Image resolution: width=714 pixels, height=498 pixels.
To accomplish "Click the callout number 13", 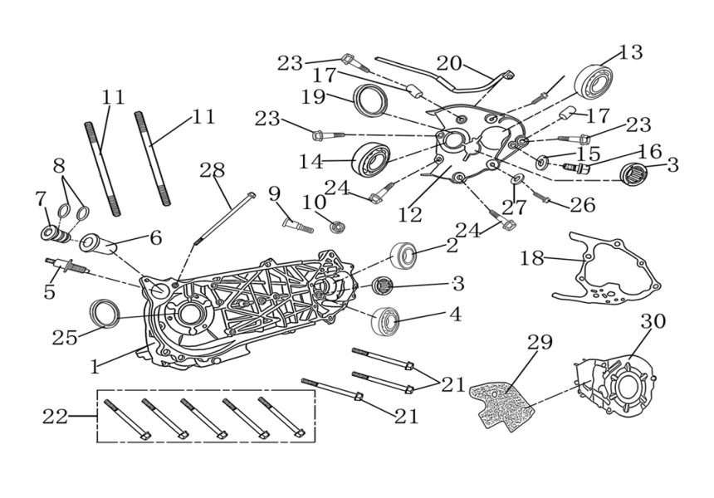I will click(x=631, y=52).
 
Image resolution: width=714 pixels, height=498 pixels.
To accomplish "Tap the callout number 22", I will click(x=55, y=417).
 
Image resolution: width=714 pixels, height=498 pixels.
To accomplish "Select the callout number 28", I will click(x=213, y=171).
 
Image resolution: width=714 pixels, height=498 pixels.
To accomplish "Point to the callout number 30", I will click(x=653, y=321).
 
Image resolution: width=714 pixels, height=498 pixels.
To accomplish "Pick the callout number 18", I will click(x=531, y=258).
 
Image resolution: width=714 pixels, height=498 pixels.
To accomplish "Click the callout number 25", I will click(x=66, y=337).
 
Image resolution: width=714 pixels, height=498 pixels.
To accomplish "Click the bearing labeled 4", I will click(x=386, y=319).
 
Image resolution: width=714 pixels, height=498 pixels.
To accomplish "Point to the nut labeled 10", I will click(x=337, y=225).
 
